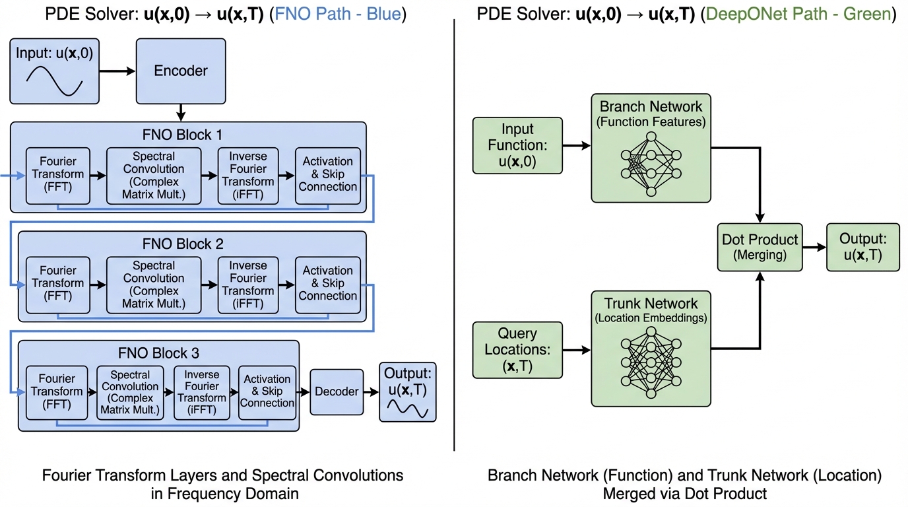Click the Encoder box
(x=181, y=71)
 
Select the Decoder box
(x=337, y=391)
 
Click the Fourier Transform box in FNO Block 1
(x=57, y=175)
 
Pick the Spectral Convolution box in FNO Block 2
(x=154, y=285)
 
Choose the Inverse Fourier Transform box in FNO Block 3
(x=202, y=392)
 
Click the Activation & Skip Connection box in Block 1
(x=327, y=175)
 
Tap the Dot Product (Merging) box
(x=760, y=247)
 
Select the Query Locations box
(x=517, y=349)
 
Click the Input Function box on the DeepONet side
(x=517, y=146)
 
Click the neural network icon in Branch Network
(x=651, y=164)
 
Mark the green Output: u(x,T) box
(x=862, y=247)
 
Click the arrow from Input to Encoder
(x=117, y=70)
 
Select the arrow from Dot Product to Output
(x=814, y=247)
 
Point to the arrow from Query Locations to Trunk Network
(x=577, y=350)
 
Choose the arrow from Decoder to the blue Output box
(x=371, y=391)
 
